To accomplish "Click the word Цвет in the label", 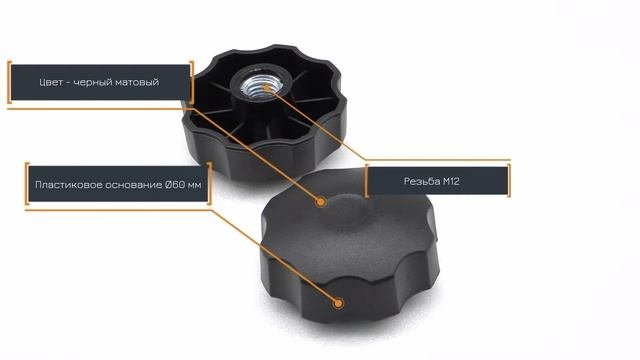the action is pyautogui.click(x=51, y=82).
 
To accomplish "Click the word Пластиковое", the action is pyautogui.click(x=69, y=185).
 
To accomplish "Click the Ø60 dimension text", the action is pyautogui.click(x=174, y=185).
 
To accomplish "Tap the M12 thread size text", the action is pyautogui.click(x=451, y=181).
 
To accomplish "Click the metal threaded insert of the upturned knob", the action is pyautogui.click(x=256, y=87).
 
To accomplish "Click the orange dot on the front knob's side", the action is pyautogui.click(x=338, y=303).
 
